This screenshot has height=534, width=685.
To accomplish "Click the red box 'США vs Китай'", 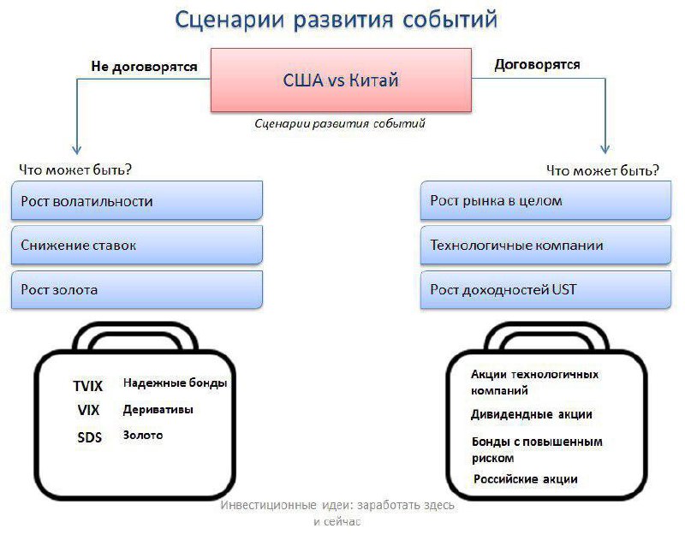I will (341, 80).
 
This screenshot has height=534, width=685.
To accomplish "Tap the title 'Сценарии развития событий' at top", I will (336, 20).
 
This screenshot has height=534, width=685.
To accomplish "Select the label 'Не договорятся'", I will (145, 65).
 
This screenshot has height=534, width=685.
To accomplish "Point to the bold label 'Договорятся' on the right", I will (538, 64).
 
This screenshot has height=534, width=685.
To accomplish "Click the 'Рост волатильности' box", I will (137, 202).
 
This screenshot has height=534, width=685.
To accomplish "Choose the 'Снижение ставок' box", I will (137, 246).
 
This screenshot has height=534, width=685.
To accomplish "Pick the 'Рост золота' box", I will (137, 290).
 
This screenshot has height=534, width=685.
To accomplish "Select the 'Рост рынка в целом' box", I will (545, 202).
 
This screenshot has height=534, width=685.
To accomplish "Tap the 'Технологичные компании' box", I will (545, 246).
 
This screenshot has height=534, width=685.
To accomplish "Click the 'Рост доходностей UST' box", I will (545, 290).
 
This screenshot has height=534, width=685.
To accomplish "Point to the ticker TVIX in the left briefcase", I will (88, 386).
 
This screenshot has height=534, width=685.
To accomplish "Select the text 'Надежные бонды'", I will (175, 383).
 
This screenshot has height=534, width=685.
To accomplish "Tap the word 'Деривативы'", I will (158, 409).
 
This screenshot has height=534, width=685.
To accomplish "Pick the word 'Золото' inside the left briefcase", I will (143, 435).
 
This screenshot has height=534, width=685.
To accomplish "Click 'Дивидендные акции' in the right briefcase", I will (531, 414).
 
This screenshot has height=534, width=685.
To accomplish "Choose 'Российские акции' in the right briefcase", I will (526, 478).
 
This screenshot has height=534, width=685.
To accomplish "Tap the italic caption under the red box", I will (340, 123).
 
